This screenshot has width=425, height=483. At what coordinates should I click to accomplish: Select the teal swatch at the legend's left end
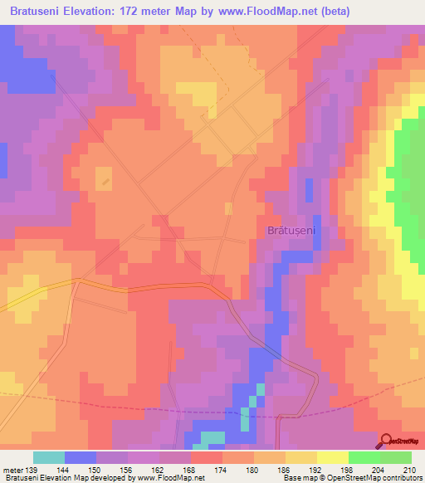click(49, 457)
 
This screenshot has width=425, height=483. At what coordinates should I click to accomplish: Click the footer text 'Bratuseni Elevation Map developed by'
click(71, 479)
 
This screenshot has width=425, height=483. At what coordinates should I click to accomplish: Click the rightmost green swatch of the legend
click(396, 457)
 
